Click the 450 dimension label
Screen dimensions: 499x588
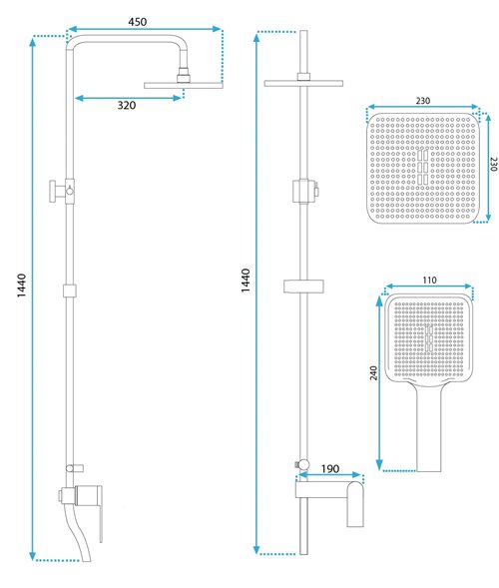[x=138, y=22]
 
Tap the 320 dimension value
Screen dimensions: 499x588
[x=127, y=106]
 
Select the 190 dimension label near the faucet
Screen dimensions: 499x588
[x=330, y=469]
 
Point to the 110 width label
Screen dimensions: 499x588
[x=429, y=281]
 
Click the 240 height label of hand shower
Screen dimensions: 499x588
[x=373, y=373]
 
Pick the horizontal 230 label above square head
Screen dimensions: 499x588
[x=423, y=101]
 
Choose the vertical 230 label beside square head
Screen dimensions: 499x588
[x=494, y=164]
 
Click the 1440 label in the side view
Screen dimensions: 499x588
[x=22, y=286]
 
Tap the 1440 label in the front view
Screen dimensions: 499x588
[x=246, y=281]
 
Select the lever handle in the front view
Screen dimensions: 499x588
[x=355, y=503]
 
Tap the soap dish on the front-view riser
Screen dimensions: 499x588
[x=303, y=286]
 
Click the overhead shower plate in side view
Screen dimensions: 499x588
[x=184, y=86]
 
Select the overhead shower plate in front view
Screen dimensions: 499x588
[x=303, y=83]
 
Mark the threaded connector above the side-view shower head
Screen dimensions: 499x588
[x=184, y=75]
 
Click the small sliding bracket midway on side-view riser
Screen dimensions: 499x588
[x=70, y=291]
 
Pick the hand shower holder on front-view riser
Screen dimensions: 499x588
[x=304, y=192]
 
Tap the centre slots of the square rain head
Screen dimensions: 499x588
[x=422, y=167]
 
